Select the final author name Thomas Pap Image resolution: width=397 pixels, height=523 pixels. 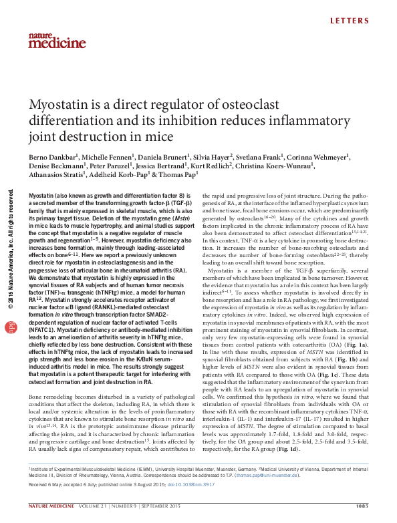(187, 174)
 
